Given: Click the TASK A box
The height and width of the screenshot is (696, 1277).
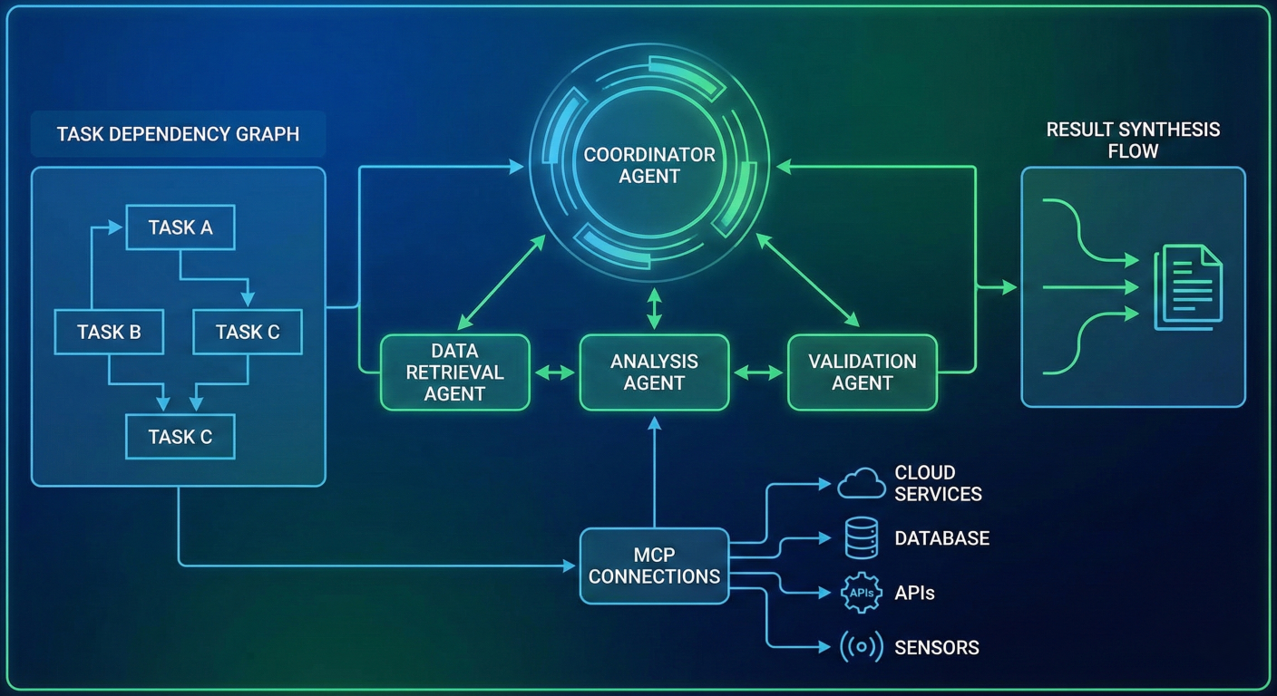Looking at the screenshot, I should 180,227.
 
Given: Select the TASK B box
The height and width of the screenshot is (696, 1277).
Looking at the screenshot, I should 109,332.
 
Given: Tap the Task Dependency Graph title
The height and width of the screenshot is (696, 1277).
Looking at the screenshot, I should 178,134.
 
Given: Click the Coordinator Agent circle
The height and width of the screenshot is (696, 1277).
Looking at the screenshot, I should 649,165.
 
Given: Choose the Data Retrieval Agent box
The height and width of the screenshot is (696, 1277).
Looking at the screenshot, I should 454,372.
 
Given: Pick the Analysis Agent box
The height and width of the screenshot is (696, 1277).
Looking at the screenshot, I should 654,372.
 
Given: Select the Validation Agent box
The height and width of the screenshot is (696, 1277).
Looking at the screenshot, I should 862,372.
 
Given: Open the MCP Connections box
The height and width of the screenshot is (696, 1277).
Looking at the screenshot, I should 654,565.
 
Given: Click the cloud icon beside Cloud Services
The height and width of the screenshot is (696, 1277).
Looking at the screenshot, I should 861,483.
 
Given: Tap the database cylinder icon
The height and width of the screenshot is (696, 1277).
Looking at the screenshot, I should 861,537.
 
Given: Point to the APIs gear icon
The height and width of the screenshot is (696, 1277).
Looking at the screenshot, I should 861,593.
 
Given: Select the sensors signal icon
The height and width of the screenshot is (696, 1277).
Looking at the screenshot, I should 861,647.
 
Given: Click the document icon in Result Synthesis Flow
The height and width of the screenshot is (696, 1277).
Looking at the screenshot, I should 1187,287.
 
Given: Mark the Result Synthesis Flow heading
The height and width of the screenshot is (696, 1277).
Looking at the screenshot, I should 1133,140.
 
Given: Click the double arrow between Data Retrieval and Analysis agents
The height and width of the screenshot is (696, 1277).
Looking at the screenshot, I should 554,372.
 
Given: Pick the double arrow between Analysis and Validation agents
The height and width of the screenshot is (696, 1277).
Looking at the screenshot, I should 758,372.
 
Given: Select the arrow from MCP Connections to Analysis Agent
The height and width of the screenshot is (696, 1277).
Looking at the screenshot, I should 654,471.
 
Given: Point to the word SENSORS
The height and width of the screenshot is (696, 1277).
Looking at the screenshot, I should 937,648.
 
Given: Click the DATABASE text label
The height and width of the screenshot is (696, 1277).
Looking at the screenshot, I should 941,538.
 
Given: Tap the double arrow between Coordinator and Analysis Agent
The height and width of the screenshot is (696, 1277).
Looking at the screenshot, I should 654,308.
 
